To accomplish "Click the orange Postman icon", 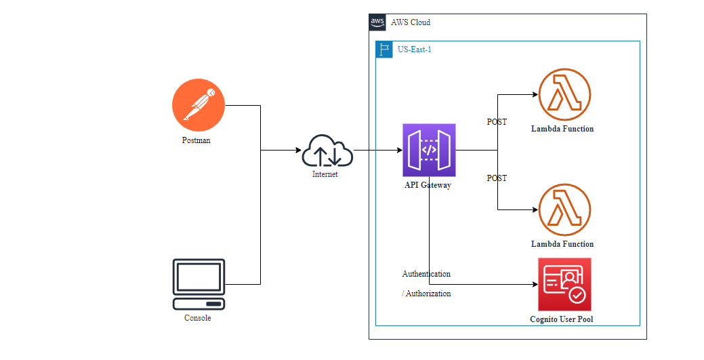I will click(x=198, y=105).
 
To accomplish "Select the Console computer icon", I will click(x=199, y=284).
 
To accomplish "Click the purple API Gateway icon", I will click(x=429, y=150).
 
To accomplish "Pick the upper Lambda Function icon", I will click(x=564, y=94).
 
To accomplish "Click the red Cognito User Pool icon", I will click(x=564, y=284).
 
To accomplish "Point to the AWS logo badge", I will click(x=377, y=22).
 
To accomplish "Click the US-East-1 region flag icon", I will click(x=384, y=49).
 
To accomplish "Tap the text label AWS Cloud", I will click(x=411, y=22).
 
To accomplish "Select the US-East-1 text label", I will click(x=415, y=49).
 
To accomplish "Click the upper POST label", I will click(x=497, y=122).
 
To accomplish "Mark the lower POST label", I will click(x=497, y=178).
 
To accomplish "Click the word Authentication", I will click(x=426, y=274).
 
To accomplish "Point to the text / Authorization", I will click(x=426, y=294).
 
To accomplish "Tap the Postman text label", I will click(x=198, y=141).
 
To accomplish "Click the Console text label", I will click(x=198, y=318).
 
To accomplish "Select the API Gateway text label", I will click(x=428, y=185).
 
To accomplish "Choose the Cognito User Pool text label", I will click(x=562, y=319).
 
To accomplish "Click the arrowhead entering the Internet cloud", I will click(x=298, y=150).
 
